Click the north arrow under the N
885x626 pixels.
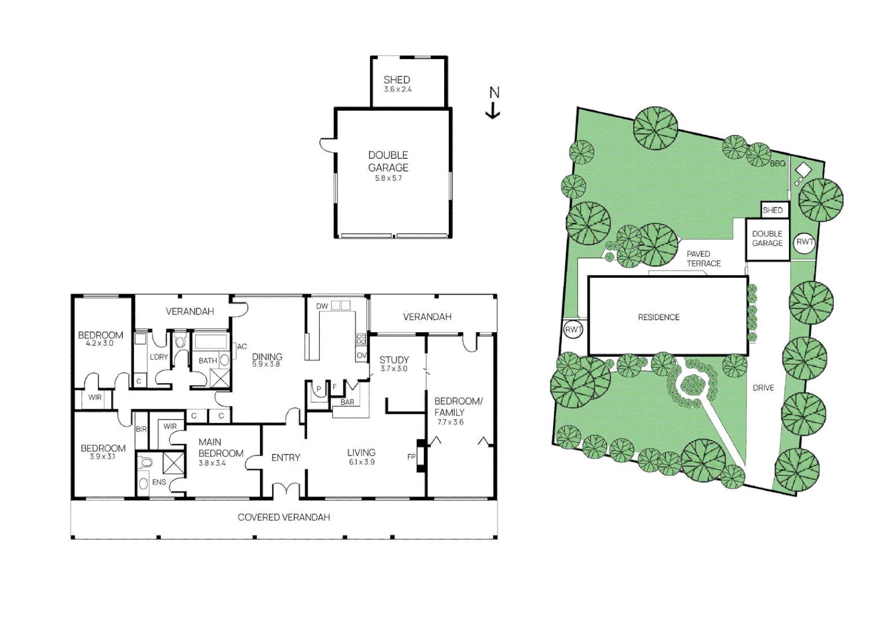click(x=493, y=111)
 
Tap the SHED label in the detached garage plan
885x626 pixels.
click(x=397, y=79)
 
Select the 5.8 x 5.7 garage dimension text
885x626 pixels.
click(x=388, y=179)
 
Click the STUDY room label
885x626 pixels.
click(x=394, y=360)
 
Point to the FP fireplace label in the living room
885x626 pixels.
click(x=411, y=457)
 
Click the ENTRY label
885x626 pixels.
click(x=286, y=457)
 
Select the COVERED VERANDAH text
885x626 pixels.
click(x=284, y=517)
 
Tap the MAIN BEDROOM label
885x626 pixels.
click(x=221, y=447)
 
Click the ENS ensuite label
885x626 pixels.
click(x=159, y=482)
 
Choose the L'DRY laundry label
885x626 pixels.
click(x=159, y=357)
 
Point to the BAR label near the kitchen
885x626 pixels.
click(x=348, y=402)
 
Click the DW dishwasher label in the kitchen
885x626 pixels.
click(x=322, y=306)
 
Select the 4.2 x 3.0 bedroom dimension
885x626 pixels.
click(x=100, y=343)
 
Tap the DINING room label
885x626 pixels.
click(x=267, y=356)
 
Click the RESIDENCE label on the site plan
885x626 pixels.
click(x=659, y=317)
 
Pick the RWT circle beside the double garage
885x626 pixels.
click(x=804, y=242)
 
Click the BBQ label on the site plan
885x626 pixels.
click(x=777, y=163)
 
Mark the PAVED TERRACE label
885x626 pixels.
click(x=703, y=259)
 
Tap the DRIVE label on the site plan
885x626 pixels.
click(x=763, y=388)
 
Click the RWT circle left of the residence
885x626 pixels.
click(x=573, y=330)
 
